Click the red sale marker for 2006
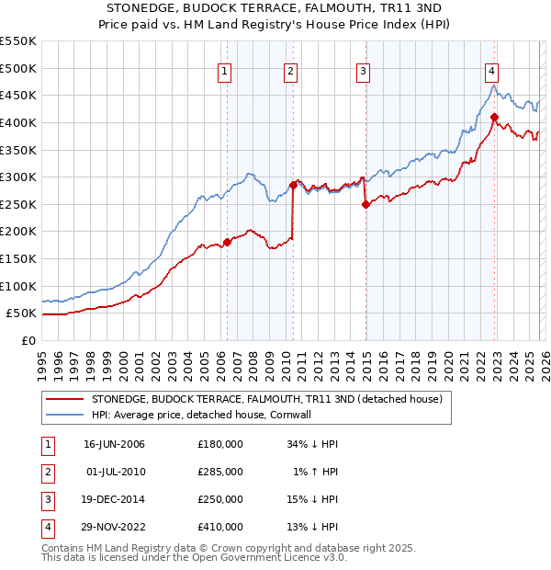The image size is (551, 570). tap(228, 242)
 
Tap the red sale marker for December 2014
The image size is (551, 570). tap(365, 204)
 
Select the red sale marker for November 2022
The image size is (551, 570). tap(494, 117)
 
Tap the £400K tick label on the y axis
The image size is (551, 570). tap(18, 122)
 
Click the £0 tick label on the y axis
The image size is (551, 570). tap(27, 340)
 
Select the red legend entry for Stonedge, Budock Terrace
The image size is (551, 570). tap(266, 399)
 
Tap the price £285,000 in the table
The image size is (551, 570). tap(220, 472)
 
